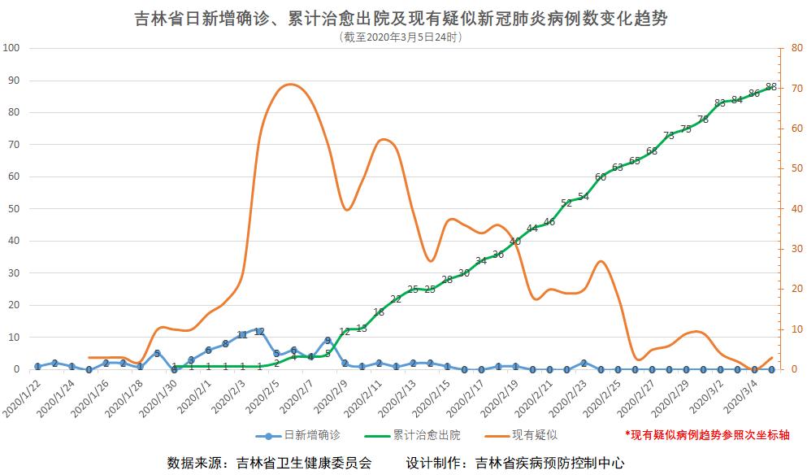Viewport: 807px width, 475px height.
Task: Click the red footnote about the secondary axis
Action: pos(706,436)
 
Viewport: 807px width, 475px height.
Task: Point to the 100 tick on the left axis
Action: pos(11,48)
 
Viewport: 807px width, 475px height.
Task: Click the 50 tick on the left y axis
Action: pos(14,209)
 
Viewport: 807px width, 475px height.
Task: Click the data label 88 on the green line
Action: pos(771,87)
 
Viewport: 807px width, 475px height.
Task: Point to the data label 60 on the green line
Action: pos(601,176)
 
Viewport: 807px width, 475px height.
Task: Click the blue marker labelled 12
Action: pos(259,331)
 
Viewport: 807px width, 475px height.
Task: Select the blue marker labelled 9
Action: pos(328,341)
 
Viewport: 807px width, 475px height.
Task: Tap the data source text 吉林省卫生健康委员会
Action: pos(303,463)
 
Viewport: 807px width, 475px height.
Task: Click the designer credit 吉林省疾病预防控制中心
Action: pos(550,463)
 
